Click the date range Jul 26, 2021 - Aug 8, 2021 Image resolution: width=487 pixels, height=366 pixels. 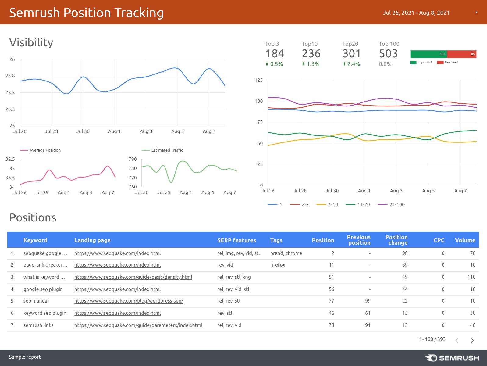pos(416,13)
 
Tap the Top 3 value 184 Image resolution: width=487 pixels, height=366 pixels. pos(275,54)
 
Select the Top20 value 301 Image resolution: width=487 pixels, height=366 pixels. pos(351,54)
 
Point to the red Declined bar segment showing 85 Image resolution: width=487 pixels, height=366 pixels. pos(461,54)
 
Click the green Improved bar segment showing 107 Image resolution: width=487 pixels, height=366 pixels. pos(428,54)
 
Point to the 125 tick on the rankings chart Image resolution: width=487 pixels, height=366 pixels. pos(258,80)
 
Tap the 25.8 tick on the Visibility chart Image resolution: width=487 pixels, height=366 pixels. pos(10,76)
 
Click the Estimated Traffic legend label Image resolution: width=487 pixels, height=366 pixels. pos(167,150)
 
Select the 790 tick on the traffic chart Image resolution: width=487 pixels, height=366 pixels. pos(133,159)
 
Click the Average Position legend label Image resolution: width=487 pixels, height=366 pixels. pos(45,150)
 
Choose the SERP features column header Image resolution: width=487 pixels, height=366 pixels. pos(236,240)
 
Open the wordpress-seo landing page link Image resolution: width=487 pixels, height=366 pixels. pos(129,301)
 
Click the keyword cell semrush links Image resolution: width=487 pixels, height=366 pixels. pos(38,325)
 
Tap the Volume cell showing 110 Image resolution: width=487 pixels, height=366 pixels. pos(471,277)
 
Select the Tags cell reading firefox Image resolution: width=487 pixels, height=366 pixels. pos(278,265)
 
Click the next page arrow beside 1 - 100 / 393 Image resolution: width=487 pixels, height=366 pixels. pos(472,340)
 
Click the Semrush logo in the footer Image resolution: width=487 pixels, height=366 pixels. pos(452,358)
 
